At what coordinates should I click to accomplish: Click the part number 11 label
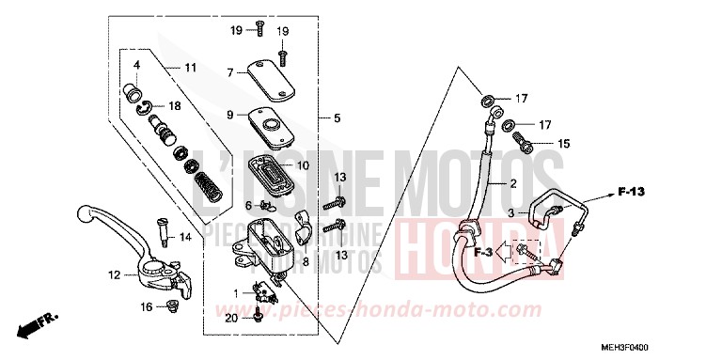190,68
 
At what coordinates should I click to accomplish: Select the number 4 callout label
136,65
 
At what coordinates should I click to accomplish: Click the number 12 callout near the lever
113,275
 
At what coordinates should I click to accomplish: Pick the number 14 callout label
185,238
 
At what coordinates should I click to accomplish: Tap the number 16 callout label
146,306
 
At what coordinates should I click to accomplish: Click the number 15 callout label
564,144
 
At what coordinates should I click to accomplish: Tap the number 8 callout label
305,235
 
